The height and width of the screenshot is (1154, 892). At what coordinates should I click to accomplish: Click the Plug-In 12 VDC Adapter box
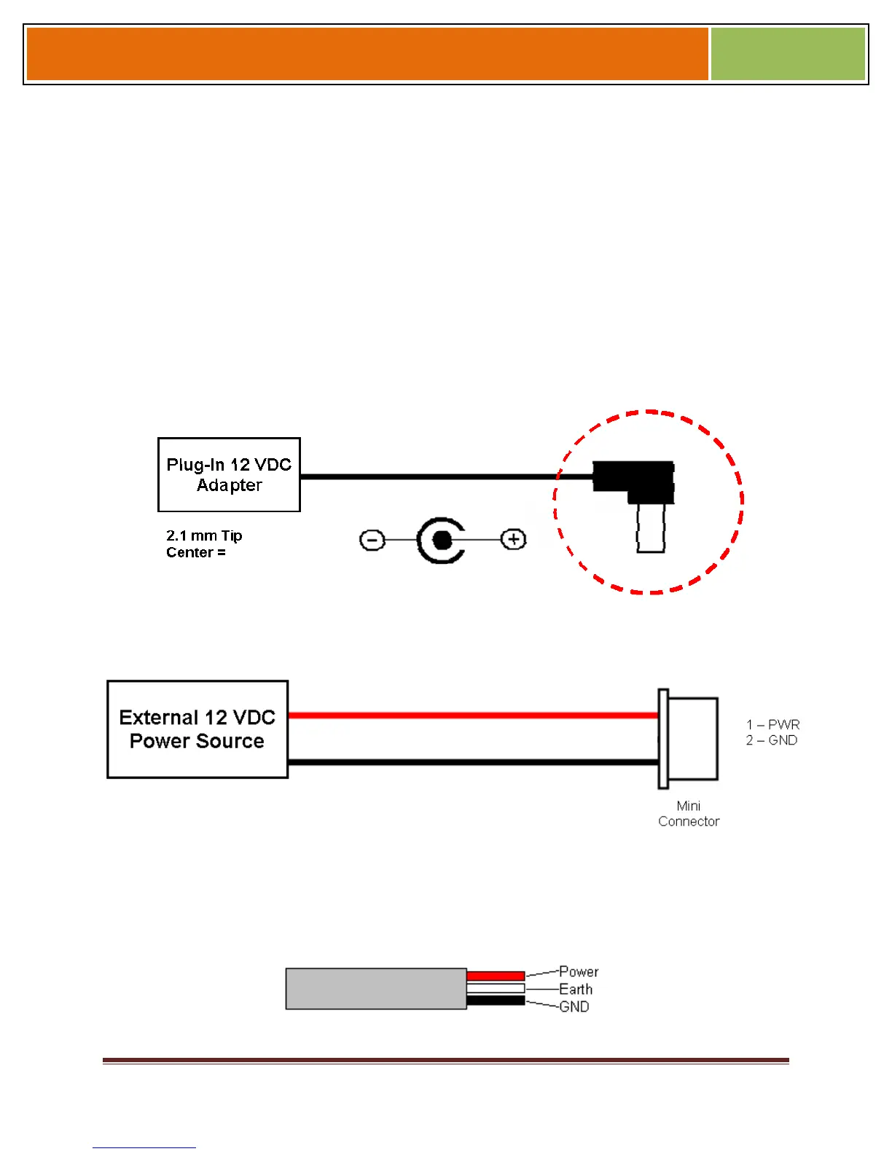(229, 475)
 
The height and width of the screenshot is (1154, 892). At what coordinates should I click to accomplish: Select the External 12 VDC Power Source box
(197, 729)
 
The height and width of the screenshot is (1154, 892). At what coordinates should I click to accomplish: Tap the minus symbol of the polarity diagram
(372, 541)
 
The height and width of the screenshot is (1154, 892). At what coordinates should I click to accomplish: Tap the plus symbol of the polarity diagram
(514, 539)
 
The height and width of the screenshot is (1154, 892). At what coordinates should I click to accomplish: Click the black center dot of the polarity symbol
(442, 540)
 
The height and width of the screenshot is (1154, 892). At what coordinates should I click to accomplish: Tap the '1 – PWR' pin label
(772, 725)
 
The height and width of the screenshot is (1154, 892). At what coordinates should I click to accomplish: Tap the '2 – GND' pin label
(771, 740)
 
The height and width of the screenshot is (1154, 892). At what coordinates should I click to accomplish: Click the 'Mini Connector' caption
(689, 814)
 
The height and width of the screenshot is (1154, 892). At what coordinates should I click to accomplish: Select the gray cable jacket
(375, 989)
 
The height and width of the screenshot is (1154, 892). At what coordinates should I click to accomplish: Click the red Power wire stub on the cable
(496, 976)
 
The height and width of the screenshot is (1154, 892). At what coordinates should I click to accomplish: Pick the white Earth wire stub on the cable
(496, 989)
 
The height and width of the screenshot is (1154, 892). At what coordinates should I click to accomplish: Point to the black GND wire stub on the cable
(496, 1000)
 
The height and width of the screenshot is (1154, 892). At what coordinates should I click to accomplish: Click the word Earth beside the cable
(576, 989)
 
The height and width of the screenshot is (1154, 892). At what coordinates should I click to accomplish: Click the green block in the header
(788, 54)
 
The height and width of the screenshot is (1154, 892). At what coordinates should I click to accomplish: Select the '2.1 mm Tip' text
(204, 536)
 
